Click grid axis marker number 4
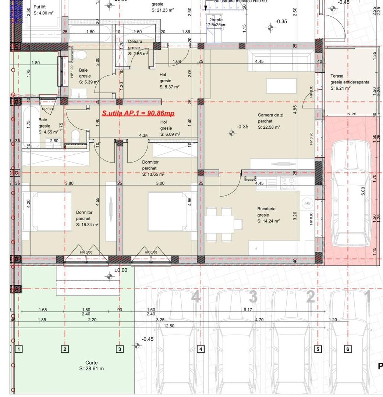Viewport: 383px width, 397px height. click(201, 349)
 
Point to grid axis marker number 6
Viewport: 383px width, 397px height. click(348, 349)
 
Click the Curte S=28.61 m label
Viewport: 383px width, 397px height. click(92, 365)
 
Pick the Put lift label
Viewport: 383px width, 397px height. click(40, 7)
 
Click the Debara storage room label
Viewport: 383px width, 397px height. click(135, 42)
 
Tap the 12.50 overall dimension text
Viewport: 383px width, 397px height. click(169, 326)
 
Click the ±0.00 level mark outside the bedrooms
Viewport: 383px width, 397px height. click(120, 270)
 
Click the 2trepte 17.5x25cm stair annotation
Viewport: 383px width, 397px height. click(216, 22)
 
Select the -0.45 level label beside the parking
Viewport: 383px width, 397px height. click(148, 339)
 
